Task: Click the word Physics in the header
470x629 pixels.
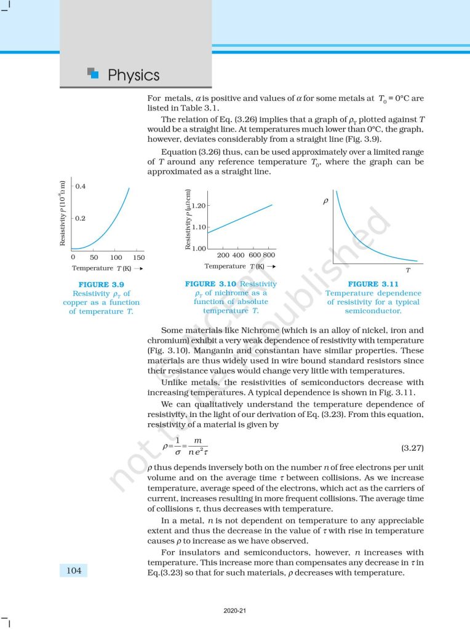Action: tap(133, 75)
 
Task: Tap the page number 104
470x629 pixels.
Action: tap(74, 571)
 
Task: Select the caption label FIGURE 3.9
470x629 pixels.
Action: tap(102, 284)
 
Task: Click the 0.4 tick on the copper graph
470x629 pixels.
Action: tap(81, 186)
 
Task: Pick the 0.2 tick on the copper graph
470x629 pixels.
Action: tap(81, 218)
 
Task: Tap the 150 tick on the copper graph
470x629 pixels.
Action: tap(138, 257)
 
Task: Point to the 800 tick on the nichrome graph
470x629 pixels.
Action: tap(269, 254)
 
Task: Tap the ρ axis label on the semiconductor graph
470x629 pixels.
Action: tap(325, 201)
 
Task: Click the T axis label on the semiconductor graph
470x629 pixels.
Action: tap(407, 270)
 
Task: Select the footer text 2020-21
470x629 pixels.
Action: tap(235, 611)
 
